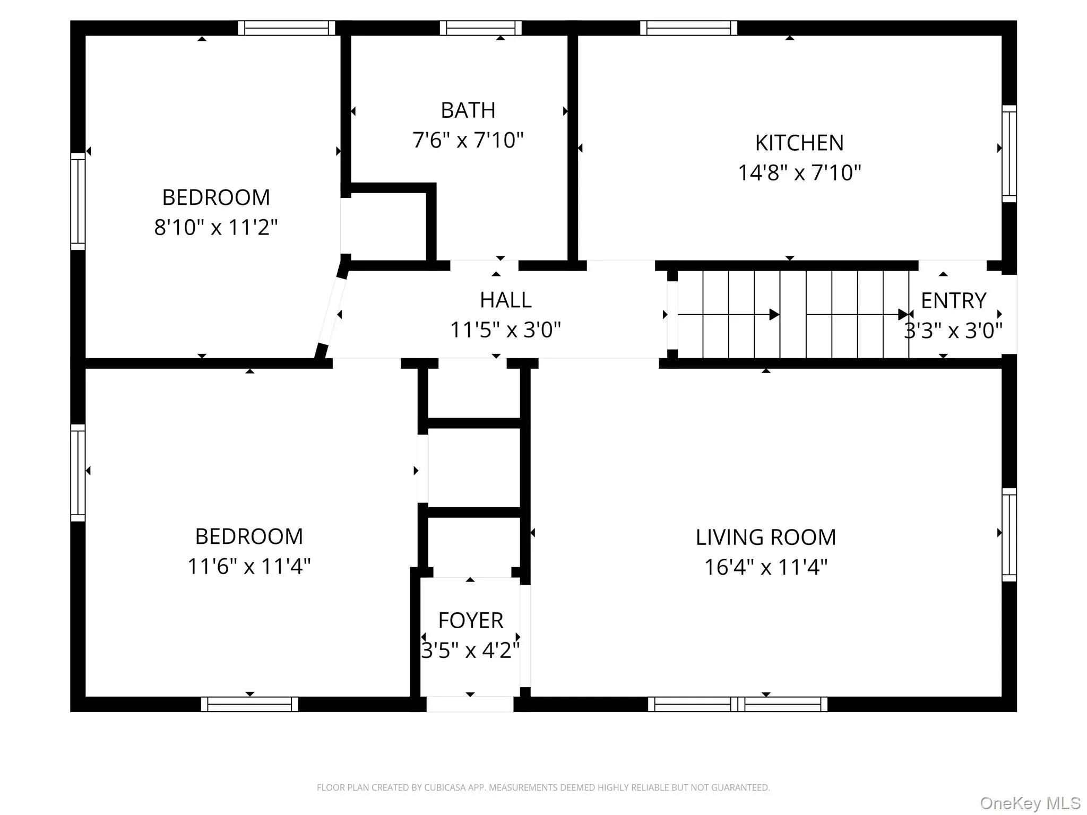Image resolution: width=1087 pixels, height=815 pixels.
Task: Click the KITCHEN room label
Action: coord(799,143)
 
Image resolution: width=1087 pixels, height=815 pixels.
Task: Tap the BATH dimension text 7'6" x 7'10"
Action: coord(468,141)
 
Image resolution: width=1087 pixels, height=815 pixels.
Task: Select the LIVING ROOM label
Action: coord(765,537)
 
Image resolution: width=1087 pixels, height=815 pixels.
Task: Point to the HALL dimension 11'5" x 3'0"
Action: coord(505,330)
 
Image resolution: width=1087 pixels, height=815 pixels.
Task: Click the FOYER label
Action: coord(470,620)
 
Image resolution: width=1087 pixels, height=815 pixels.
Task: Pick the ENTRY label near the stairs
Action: coord(953,301)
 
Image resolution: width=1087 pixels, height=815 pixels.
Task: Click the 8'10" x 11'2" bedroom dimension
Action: coord(215,228)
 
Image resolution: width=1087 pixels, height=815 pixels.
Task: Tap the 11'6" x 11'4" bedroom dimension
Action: coord(249,567)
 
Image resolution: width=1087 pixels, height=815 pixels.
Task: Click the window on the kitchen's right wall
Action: coord(1009,154)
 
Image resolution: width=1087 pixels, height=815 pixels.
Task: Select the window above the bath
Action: coord(480,28)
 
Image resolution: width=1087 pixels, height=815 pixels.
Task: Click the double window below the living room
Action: coord(737,704)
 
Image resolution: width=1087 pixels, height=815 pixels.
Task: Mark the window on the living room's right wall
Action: coord(1009,535)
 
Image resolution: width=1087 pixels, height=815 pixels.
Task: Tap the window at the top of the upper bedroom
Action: coord(287,28)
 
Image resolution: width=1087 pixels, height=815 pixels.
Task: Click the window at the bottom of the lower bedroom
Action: coord(249,704)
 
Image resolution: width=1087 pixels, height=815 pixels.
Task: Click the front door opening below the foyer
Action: coord(470,704)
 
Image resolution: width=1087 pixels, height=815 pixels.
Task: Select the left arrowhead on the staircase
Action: coord(774,315)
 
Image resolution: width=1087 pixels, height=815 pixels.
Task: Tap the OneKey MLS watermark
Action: coord(1030,803)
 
